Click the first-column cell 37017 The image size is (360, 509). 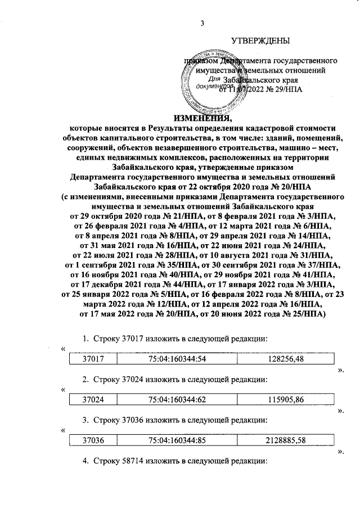coord(93,358)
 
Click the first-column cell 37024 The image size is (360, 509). coord(93,399)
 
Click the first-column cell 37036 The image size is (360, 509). coord(93,440)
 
